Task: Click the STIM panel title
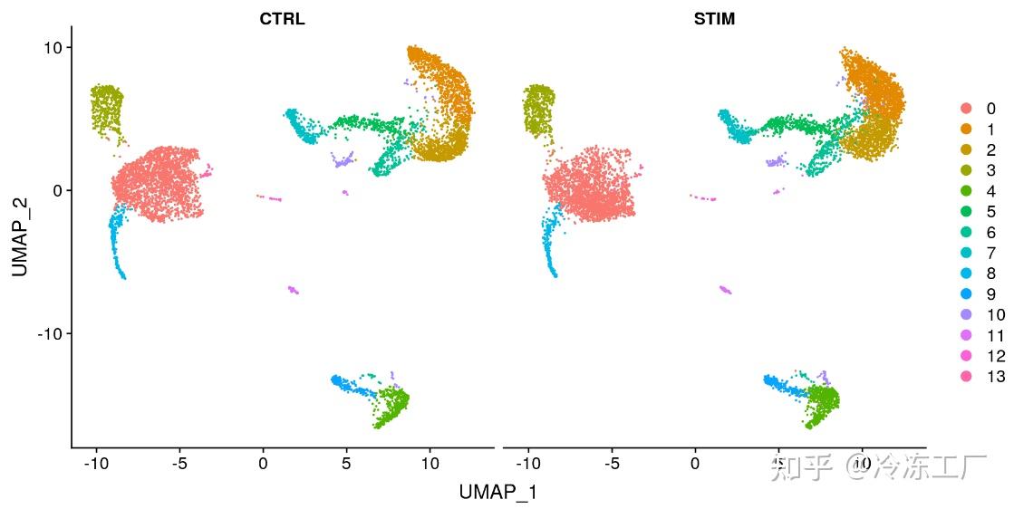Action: (x=713, y=19)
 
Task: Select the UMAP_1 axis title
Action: (x=498, y=492)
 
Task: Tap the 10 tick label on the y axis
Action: (x=51, y=47)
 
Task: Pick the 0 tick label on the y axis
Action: (x=55, y=190)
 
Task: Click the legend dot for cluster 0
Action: (x=968, y=109)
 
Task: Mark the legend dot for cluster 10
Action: (x=968, y=315)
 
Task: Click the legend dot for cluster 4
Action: (x=968, y=191)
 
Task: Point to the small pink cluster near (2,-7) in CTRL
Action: (x=294, y=290)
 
